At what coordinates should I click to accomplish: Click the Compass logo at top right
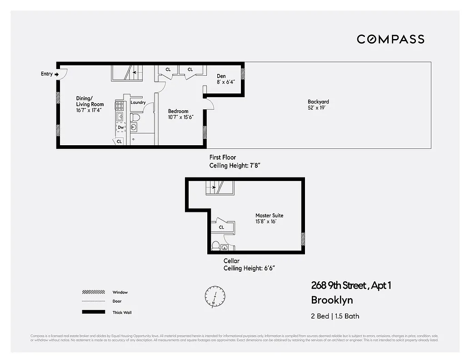(390, 39)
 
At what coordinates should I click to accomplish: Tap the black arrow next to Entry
(57, 74)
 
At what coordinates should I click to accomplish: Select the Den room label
(221, 76)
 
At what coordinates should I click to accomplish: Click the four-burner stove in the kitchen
(120, 106)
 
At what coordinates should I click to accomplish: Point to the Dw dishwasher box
(120, 128)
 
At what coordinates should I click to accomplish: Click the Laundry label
(138, 103)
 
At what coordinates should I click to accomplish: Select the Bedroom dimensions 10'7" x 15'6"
(180, 117)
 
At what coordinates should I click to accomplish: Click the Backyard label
(318, 102)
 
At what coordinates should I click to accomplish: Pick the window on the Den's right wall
(243, 74)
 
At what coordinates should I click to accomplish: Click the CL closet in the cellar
(221, 227)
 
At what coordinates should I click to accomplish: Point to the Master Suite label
(269, 216)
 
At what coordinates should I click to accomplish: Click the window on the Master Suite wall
(303, 239)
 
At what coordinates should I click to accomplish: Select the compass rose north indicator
(215, 295)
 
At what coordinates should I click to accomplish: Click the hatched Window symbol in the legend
(93, 292)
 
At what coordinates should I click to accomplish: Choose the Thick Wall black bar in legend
(93, 312)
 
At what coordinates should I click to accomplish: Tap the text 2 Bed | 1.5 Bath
(335, 316)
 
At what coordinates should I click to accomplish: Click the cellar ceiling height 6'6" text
(249, 268)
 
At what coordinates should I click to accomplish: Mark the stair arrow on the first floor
(134, 72)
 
